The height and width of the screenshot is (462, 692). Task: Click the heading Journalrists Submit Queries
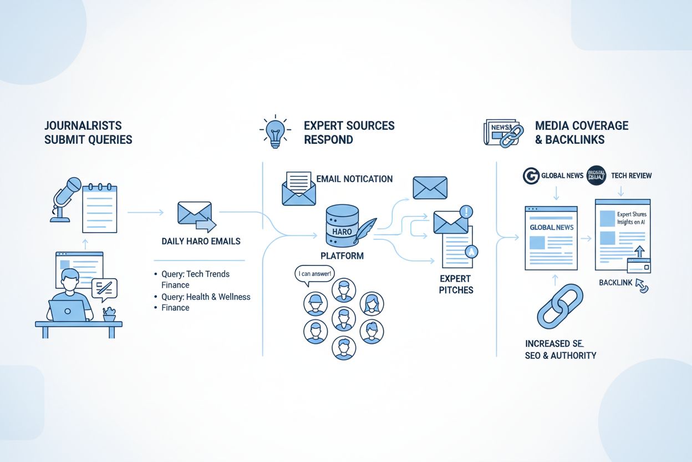(x=88, y=132)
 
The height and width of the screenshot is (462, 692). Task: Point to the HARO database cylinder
(x=342, y=225)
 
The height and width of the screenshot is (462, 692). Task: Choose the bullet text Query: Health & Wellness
(x=206, y=297)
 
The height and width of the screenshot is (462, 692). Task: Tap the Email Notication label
(x=354, y=179)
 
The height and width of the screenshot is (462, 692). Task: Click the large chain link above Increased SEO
(x=559, y=306)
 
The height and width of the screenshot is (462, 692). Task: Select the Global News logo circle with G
(x=531, y=175)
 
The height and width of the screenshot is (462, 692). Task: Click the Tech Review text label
(x=631, y=175)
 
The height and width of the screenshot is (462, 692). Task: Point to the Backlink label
(x=615, y=283)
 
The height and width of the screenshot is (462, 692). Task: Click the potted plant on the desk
(x=109, y=315)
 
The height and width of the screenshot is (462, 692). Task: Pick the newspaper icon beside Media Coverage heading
(x=498, y=132)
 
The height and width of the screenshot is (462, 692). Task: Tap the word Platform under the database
(x=342, y=256)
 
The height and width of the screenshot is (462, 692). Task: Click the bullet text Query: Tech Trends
(x=195, y=274)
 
